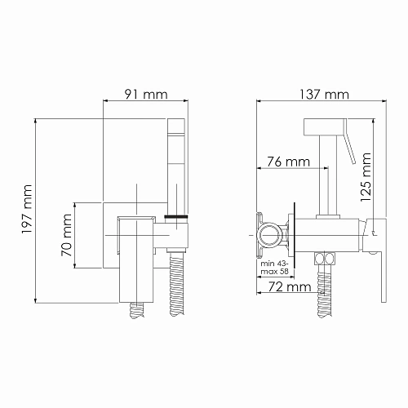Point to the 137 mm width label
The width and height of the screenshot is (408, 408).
coord(313,94)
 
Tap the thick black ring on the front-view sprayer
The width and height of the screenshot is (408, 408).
coord(177,217)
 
